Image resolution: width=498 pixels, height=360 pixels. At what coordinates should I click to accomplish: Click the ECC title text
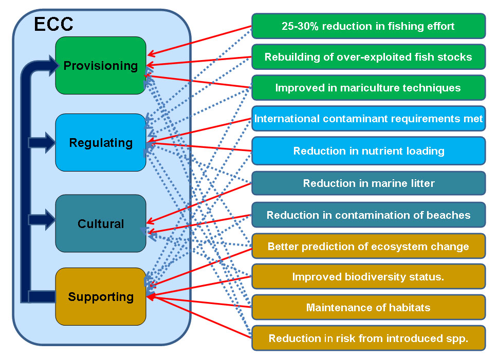53,24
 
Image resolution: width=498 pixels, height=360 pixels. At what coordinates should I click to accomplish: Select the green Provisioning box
101,65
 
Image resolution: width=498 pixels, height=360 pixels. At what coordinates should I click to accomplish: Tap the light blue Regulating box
101,142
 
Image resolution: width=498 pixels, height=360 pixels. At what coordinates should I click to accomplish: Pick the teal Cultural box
101,223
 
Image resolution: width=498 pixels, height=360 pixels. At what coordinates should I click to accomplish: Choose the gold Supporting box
101,296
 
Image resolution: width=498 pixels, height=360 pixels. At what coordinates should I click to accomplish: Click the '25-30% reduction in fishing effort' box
368,26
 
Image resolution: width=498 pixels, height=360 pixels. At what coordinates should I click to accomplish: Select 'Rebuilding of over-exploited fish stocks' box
368,57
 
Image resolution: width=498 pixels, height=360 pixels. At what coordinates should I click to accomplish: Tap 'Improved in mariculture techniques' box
368,88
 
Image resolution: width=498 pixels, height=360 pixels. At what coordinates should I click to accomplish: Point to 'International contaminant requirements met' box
368,119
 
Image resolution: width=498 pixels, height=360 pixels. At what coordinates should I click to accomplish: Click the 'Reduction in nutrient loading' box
368,151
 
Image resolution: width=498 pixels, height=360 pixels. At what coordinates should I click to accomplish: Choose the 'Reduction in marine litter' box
368,183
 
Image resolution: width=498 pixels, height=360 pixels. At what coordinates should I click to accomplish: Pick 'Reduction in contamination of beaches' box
368,215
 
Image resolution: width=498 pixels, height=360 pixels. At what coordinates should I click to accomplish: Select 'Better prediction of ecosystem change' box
368,247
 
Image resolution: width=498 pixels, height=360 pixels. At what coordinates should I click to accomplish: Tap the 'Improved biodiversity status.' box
368,277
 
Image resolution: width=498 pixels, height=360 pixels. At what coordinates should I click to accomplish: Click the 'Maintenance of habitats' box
368,308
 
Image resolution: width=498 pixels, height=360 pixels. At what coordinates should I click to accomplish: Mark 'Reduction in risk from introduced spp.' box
368,338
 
